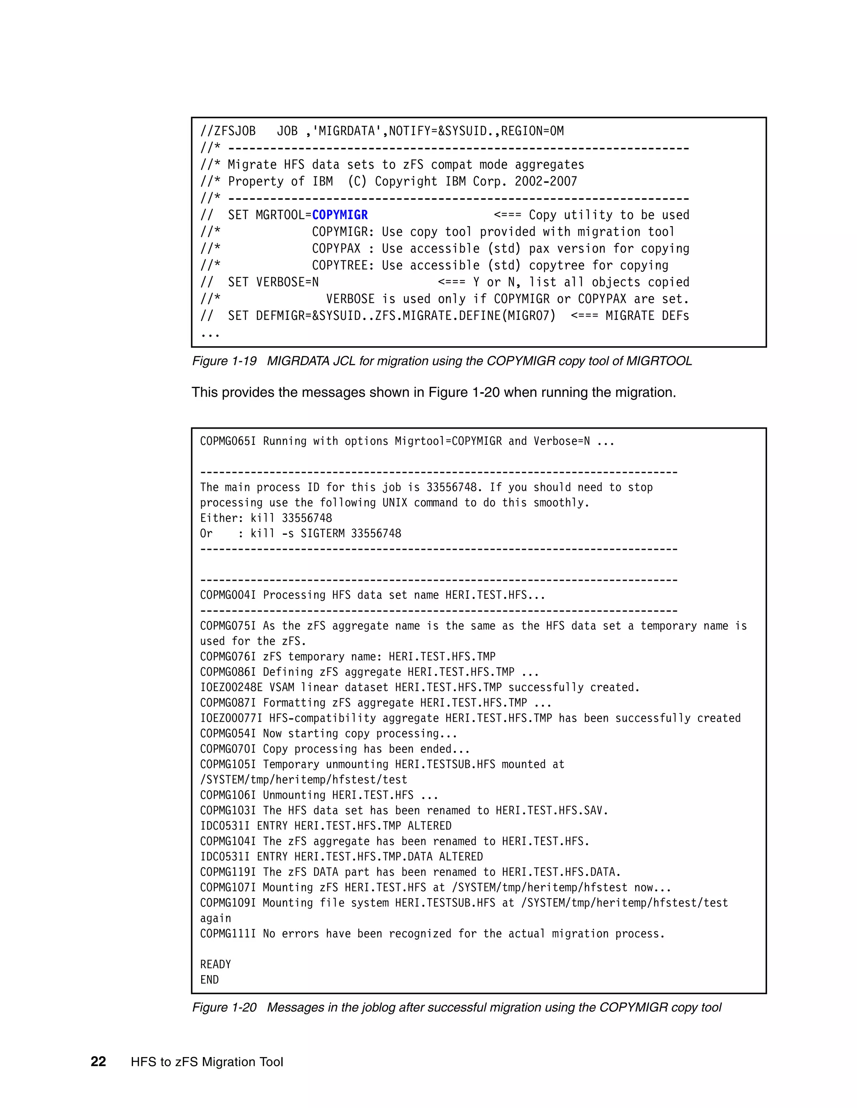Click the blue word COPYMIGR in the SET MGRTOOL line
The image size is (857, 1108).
[x=340, y=215]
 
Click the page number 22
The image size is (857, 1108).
[x=98, y=1062]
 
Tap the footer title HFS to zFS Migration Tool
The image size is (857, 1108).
[x=207, y=1062]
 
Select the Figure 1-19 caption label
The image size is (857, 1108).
[x=224, y=361]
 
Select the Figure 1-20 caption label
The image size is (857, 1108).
[x=224, y=1007]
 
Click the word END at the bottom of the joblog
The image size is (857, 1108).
[x=209, y=980]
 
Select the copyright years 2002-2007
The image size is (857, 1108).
[x=546, y=181]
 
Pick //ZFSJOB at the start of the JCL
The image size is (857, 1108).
[x=228, y=131]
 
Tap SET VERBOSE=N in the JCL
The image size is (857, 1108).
[x=273, y=282]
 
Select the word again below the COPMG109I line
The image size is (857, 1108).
[x=215, y=918]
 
